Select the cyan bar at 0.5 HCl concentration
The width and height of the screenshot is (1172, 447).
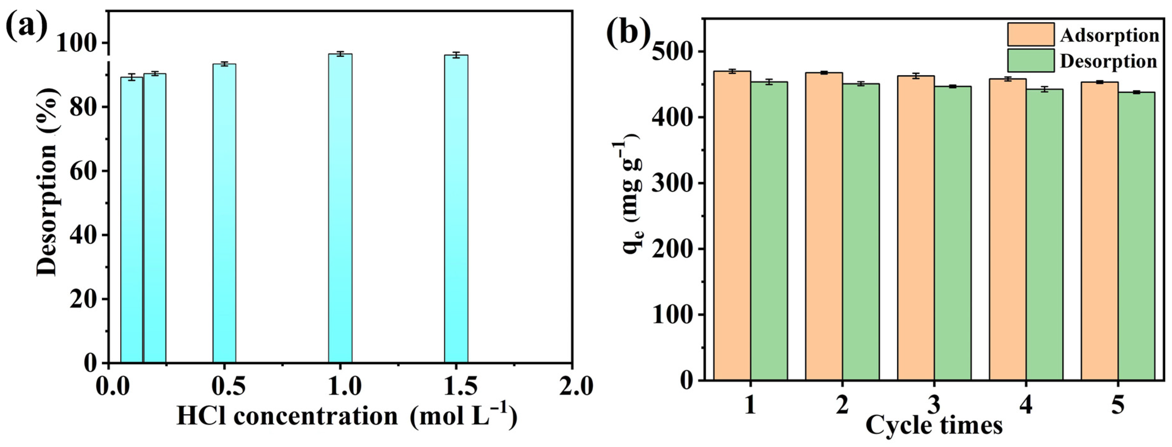point(224,214)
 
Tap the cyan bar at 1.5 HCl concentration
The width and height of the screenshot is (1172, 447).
point(456,209)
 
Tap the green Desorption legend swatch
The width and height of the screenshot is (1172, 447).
point(1030,61)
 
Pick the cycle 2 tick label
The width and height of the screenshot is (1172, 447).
point(842,404)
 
